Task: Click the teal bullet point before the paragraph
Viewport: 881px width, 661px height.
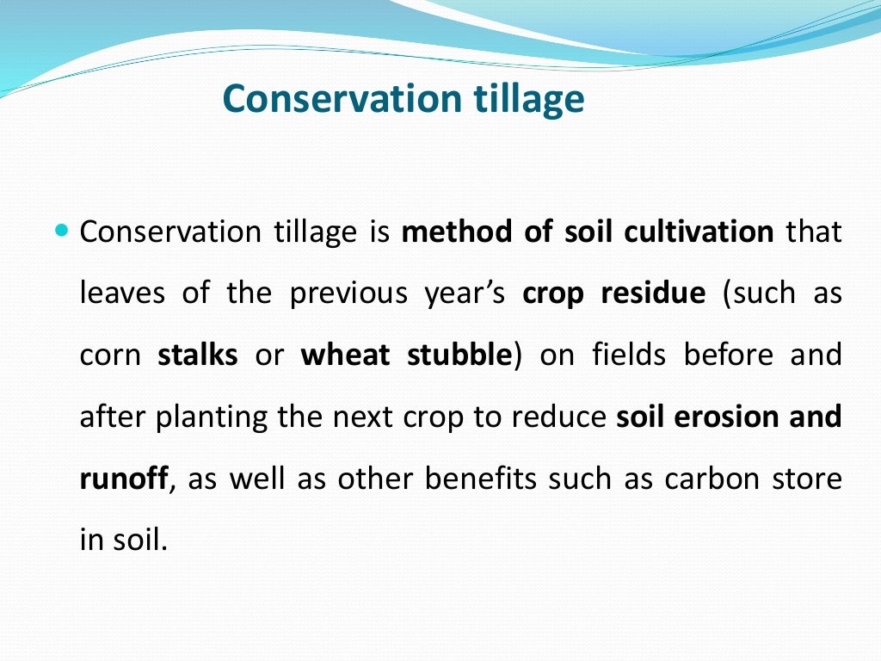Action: coord(60,232)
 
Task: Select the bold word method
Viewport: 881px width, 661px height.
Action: coord(454,232)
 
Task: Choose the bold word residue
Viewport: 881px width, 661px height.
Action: coord(652,293)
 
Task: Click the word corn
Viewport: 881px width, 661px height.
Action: coord(111,355)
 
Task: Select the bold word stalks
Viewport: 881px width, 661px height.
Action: coord(198,355)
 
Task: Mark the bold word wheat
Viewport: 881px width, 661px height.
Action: coord(345,355)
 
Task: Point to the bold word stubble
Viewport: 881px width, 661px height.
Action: coord(458,355)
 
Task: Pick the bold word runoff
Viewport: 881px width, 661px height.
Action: coord(123,479)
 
